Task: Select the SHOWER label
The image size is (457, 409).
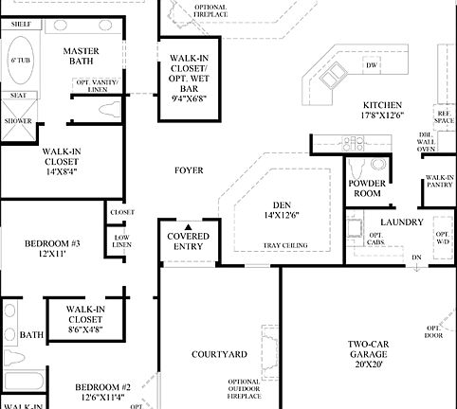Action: pos(17,121)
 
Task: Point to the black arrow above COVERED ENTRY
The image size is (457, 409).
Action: pos(188,227)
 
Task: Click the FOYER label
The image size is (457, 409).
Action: pos(189,170)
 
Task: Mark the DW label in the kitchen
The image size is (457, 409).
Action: pos(372,65)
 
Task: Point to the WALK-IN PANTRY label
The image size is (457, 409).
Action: pos(439,183)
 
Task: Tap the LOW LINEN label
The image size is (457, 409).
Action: pos(121,240)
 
